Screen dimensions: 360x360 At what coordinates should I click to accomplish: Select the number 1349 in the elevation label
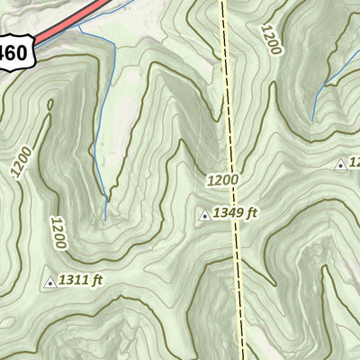229,213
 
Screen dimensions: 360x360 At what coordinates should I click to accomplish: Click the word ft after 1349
252,213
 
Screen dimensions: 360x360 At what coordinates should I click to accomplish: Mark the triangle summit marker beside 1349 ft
205,214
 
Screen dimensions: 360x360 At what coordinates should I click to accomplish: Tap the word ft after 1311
96,281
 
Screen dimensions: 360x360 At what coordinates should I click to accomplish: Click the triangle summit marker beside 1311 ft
49,283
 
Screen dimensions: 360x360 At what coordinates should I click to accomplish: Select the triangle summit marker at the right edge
340,165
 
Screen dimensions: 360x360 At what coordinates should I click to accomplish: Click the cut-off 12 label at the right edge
354,163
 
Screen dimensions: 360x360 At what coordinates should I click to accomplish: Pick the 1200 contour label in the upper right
269,40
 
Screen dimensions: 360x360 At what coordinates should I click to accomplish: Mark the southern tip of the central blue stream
105,219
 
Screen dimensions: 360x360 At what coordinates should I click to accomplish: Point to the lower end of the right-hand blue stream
312,121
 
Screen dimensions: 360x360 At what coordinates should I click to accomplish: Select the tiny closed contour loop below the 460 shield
49,103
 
